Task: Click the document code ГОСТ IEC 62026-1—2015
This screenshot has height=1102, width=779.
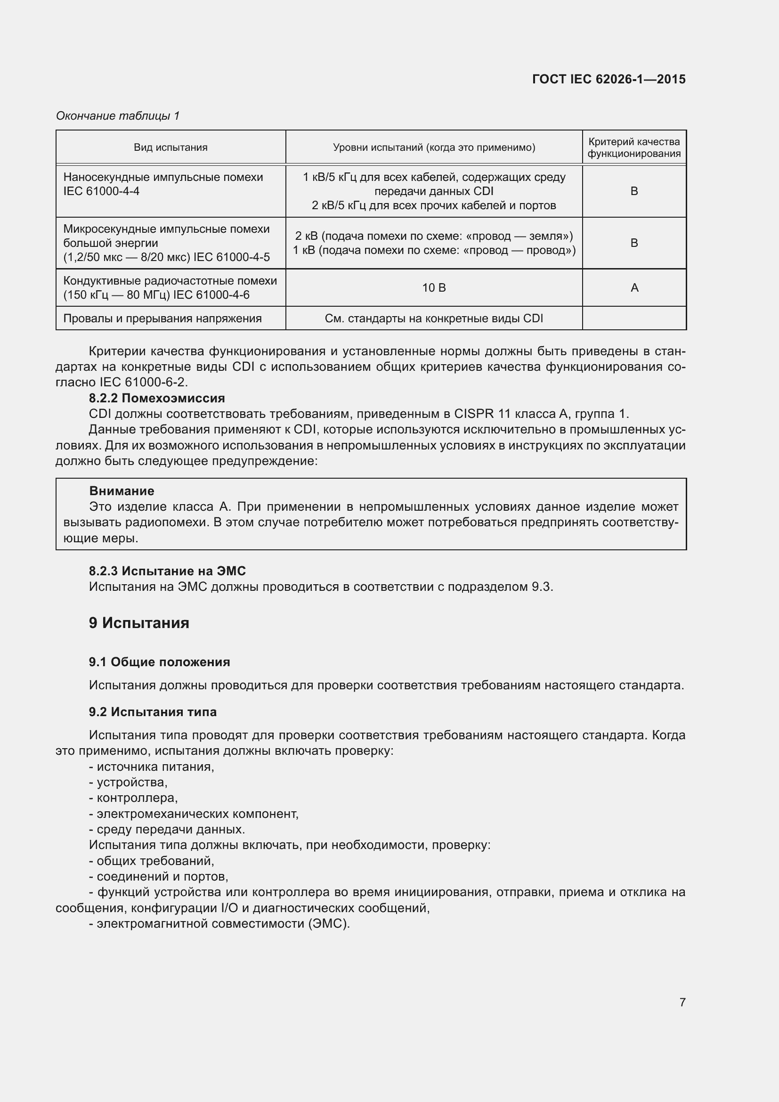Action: click(608, 79)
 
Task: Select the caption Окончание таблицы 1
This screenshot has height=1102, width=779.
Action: click(118, 116)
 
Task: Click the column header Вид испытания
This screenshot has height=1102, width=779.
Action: click(170, 147)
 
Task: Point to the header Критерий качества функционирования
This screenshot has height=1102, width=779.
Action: click(633, 147)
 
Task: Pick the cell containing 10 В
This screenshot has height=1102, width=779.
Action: click(434, 288)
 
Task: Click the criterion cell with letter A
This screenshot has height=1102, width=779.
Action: click(634, 288)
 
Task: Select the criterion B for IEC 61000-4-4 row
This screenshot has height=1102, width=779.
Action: click(633, 191)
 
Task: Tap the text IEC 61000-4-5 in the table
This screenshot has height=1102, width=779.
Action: click(232, 257)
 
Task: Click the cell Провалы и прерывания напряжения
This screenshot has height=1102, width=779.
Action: click(162, 318)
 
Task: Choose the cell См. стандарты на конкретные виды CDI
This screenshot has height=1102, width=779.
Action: click(434, 318)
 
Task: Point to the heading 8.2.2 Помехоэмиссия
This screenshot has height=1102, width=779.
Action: click(157, 398)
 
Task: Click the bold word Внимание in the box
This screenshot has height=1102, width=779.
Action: click(122, 491)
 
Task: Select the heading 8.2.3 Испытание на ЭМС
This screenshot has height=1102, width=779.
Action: click(167, 571)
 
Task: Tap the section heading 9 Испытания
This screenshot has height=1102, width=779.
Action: click(139, 623)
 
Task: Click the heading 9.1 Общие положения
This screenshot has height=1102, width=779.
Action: click(159, 662)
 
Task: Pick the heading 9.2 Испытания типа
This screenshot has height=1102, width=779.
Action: click(153, 712)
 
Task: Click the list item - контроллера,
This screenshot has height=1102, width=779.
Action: click(133, 798)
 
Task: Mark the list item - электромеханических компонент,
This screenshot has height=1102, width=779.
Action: click(194, 814)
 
